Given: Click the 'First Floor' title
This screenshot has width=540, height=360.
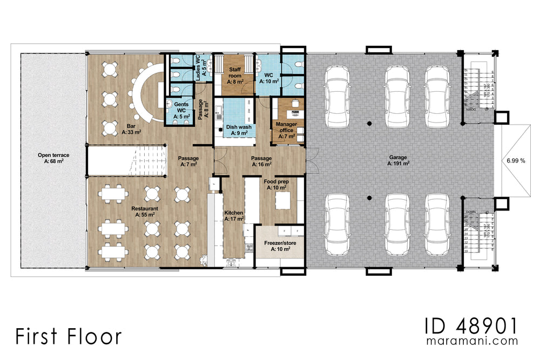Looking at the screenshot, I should pos(68,336).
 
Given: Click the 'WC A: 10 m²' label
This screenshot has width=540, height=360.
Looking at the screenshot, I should pos(268,78).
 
